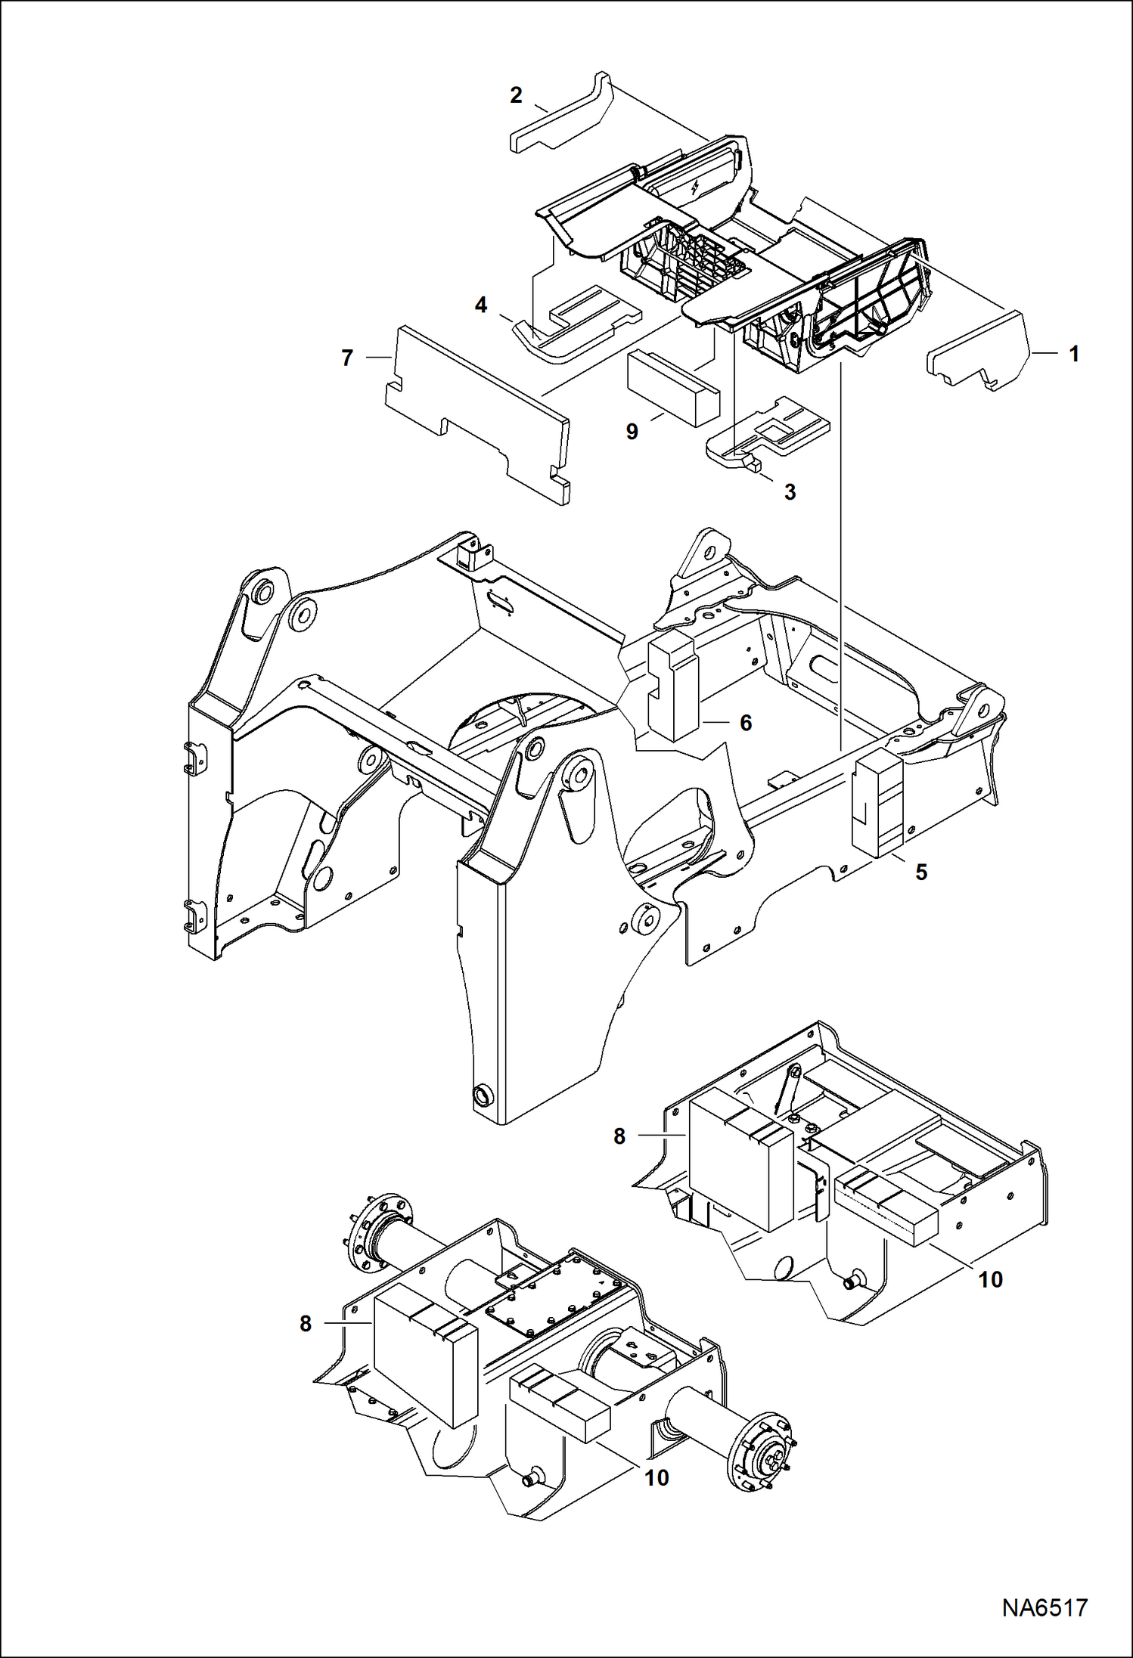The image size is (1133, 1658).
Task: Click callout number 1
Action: coord(1073,354)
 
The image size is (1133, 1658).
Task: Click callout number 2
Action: coord(516,95)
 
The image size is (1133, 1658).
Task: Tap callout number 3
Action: coord(790,492)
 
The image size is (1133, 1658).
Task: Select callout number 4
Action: coord(481,305)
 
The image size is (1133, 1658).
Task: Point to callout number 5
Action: coord(921,872)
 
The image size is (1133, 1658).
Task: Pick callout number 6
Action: coord(746,723)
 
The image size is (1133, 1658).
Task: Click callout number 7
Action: coord(347,358)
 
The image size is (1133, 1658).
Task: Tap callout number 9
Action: coord(632,432)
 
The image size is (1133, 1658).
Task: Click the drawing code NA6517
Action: coord(1045,1607)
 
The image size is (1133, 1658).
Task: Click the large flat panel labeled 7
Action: coord(476,412)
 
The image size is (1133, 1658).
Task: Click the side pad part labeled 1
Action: coord(979,349)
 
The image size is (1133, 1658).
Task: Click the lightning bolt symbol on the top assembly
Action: coord(694,188)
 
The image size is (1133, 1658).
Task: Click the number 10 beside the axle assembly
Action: coord(657,1477)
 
